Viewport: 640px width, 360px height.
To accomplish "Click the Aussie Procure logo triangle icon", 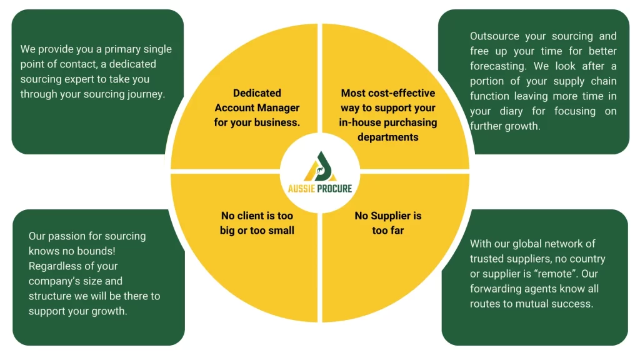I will click(x=319, y=166).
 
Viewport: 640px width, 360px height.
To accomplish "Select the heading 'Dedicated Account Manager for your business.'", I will click(x=257, y=107).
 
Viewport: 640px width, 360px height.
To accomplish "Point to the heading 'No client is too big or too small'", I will click(x=257, y=223).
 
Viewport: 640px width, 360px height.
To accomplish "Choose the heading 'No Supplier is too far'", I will click(x=388, y=223).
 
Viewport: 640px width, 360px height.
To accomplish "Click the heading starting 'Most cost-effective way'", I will click(x=388, y=114).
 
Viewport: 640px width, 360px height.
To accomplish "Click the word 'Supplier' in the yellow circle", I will click(x=396, y=216).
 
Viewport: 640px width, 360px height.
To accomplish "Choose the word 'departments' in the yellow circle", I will click(x=388, y=137).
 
